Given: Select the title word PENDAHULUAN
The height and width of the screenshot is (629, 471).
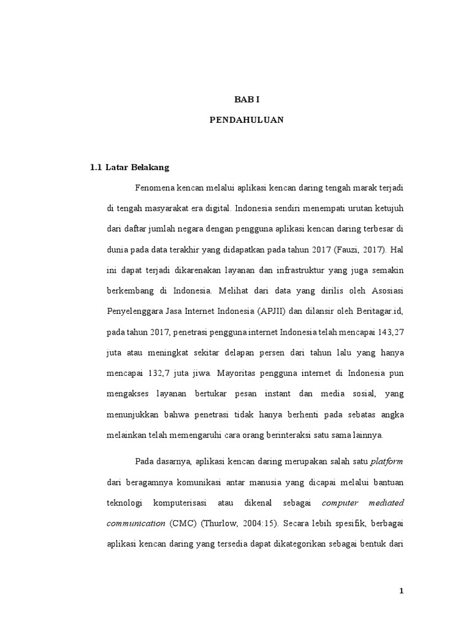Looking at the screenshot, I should click(x=247, y=120).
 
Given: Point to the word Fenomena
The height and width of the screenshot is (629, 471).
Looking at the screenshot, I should click(x=154, y=187).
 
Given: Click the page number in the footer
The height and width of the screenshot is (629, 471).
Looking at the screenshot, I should click(x=401, y=591).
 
